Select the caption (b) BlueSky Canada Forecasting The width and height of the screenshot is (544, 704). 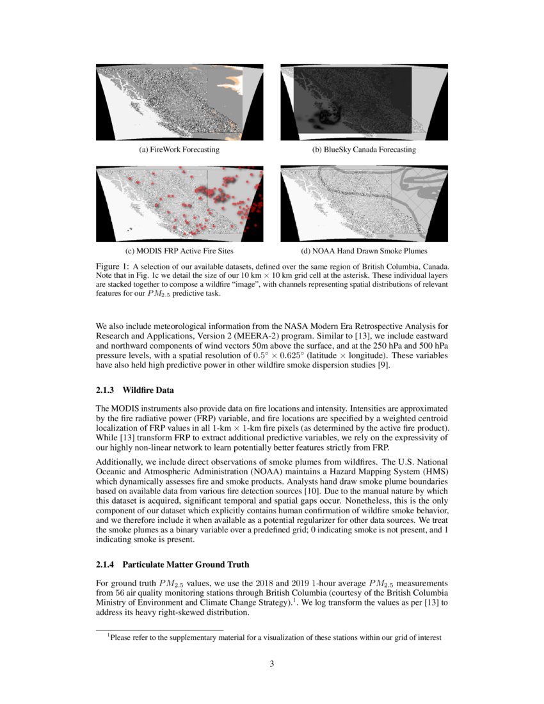click(364, 150)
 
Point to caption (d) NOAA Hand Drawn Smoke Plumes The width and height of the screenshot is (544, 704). click(364, 251)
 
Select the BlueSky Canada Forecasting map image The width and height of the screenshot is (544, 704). click(364, 102)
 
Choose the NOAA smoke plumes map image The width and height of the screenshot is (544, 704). click(364, 203)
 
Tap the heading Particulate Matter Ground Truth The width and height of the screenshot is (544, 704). click(186, 564)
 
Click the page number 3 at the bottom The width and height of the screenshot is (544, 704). click(272, 664)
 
